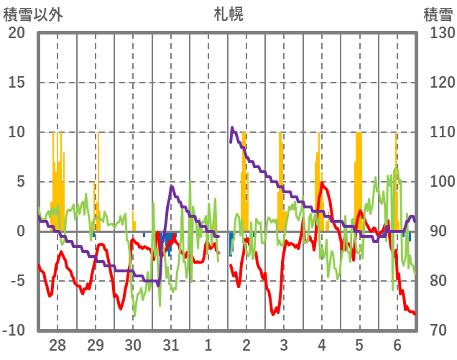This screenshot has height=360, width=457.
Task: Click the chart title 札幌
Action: pyautogui.click(x=228, y=14)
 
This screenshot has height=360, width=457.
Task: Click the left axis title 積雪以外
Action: pyautogui.click(x=33, y=14)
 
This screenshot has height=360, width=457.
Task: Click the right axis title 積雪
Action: pyautogui.click(x=438, y=14)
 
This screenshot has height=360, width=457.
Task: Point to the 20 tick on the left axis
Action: pyautogui.click(x=17, y=33)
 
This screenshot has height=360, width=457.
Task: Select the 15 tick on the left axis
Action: pyautogui.click(x=17, y=83)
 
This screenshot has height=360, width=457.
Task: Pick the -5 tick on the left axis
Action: pyautogui.click(x=17, y=281)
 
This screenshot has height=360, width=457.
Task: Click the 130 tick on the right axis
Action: pyautogui.click(x=438, y=33)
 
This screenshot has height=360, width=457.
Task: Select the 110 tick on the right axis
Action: pyautogui.click(x=438, y=132)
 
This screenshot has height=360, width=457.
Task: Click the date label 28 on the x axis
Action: pyautogui.click(x=57, y=344)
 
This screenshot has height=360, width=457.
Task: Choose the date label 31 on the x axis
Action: pyautogui.click(x=170, y=344)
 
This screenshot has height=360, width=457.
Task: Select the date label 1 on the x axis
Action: pyautogui.click(x=208, y=344)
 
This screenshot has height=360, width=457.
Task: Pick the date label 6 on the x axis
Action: pyautogui.click(x=397, y=344)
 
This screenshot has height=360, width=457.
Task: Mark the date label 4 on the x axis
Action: pyautogui.click(x=321, y=344)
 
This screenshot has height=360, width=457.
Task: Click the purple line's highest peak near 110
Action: pyautogui.click(x=233, y=128)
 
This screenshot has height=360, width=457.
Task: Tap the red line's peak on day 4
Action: pyautogui.click(x=321, y=184)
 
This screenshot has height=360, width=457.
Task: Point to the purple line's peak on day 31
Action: pyautogui.click(x=172, y=187)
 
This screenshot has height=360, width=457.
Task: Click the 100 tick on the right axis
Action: pyautogui.click(x=438, y=182)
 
